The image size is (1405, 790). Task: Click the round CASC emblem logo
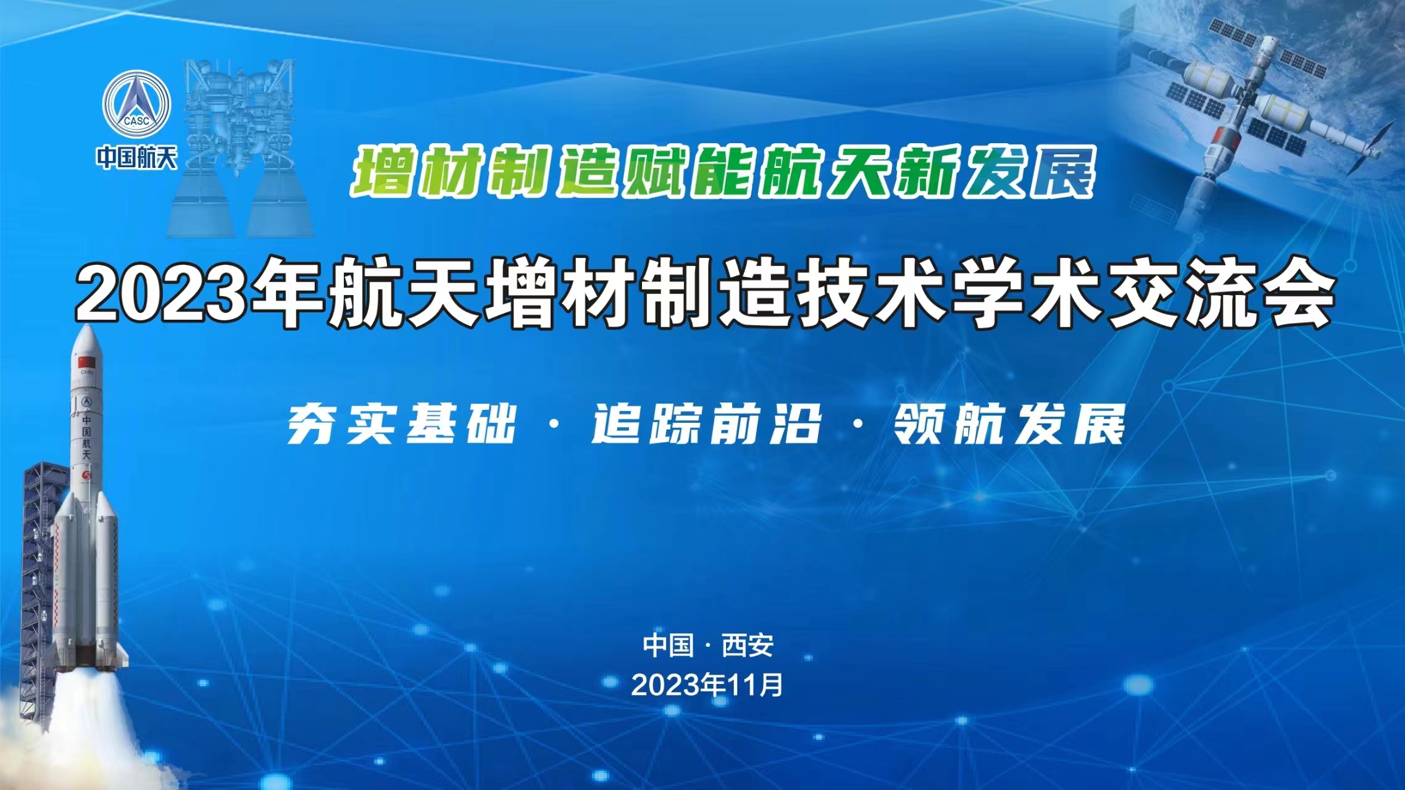pyautogui.click(x=136, y=104)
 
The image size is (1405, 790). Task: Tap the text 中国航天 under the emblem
pyautogui.click(x=136, y=158)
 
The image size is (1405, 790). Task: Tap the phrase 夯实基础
pyautogui.click(x=401, y=425)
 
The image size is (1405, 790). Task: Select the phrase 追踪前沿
pyautogui.click(x=706, y=425)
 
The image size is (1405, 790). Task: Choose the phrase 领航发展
pyautogui.click(x=1010, y=425)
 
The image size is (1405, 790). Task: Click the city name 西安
pyautogui.click(x=748, y=646)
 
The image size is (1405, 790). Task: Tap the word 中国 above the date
pyautogui.click(x=668, y=646)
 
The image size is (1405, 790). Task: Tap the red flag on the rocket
pyautogui.click(x=85, y=360)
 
